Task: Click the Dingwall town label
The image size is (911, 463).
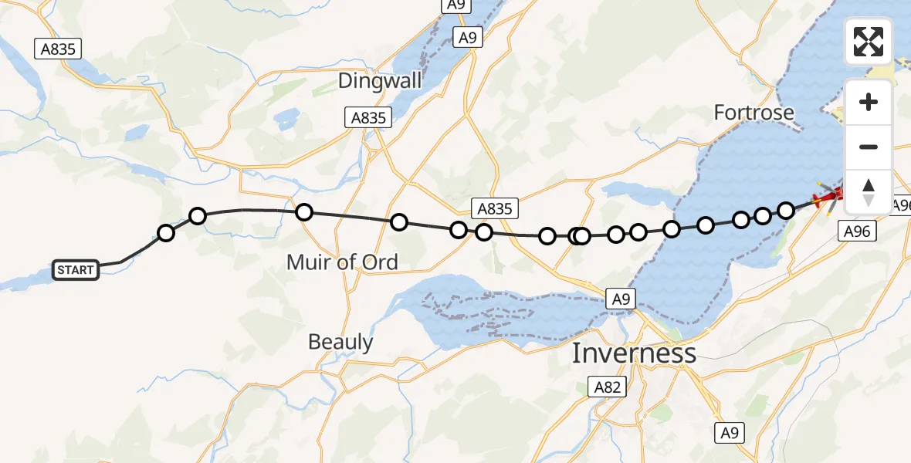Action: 380,80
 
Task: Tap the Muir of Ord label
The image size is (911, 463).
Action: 342,262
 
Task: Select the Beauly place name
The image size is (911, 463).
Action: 340,342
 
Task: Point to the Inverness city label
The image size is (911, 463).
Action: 633,353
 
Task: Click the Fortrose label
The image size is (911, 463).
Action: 754,113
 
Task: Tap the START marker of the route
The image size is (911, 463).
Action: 76,270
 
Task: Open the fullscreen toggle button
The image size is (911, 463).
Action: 869,42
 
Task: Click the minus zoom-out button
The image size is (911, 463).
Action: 869,147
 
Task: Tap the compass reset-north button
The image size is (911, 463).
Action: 869,191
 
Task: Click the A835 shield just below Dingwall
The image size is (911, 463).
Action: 368,118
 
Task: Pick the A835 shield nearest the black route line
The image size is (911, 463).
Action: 494,208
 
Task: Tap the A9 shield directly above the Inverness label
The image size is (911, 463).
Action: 620,299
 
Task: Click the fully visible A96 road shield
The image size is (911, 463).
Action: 857,230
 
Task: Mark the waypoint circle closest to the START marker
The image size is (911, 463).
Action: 166,232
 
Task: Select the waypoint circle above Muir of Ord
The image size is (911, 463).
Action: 303,212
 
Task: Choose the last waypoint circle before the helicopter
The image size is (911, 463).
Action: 786,210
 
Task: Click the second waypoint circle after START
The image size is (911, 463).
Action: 198,216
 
